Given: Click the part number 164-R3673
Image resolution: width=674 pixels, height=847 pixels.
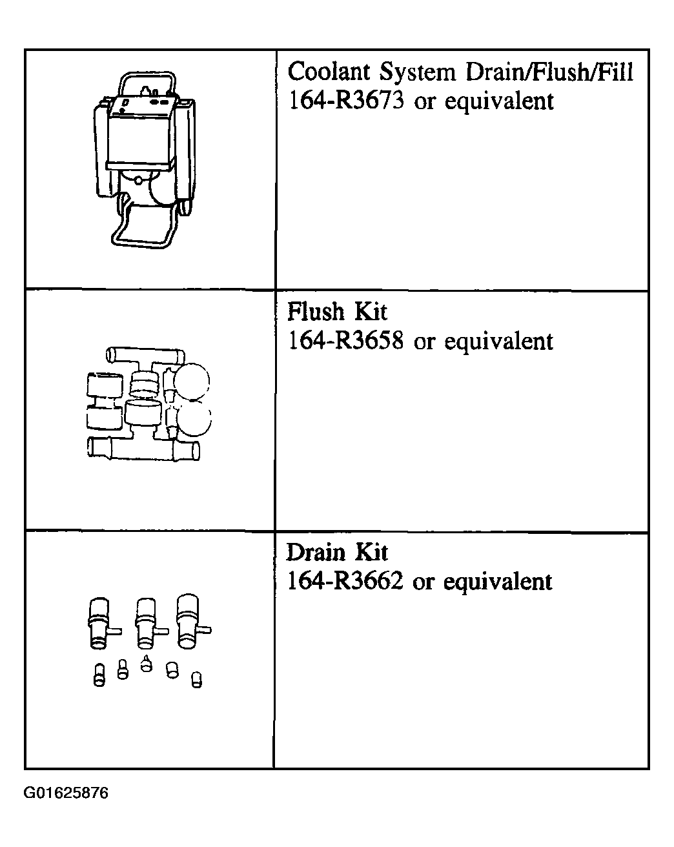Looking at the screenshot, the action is pyautogui.click(x=346, y=101).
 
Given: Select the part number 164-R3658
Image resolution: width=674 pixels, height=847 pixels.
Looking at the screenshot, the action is pyautogui.click(x=345, y=340).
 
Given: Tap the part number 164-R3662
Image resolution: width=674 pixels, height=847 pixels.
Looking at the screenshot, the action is pyautogui.click(x=345, y=580).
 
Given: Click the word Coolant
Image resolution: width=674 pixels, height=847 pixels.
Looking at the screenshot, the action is pyautogui.click(x=329, y=72).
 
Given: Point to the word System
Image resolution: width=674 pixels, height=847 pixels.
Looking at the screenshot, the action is pyautogui.click(x=417, y=73).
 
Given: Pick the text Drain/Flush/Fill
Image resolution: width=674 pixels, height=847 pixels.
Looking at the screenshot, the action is pyautogui.click(x=549, y=72).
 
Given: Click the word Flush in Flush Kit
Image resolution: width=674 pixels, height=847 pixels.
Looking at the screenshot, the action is pyautogui.click(x=316, y=312).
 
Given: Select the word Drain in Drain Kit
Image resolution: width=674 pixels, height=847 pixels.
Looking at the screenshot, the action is pyautogui.click(x=316, y=552).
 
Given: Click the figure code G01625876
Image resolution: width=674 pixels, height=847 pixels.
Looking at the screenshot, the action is pyautogui.click(x=66, y=793).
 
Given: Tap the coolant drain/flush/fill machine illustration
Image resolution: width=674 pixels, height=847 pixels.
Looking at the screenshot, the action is pyautogui.click(x=145, y=159).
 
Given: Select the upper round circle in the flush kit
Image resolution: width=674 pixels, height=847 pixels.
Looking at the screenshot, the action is pyautogui.click(x=192, y=381).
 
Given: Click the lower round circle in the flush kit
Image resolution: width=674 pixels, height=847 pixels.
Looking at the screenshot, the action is pyautogui.click(x=194, y=420).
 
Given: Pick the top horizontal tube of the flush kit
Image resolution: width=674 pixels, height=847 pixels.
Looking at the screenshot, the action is pyautogui.click(x=145, y=356).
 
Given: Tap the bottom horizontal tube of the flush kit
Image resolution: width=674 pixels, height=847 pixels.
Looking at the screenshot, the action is pyautogui.click(x=143, y=449).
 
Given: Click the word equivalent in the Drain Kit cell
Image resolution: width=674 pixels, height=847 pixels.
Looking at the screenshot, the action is pyautogui.click(x=498, y=581).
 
